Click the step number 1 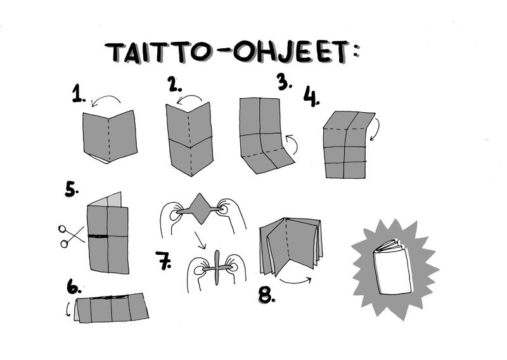tap(79, 94)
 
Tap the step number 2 tap(175, 84)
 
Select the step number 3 tap(284, 82)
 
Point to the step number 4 tap(311, 97)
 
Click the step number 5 tap(72, 190)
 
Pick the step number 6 tap(74, 286)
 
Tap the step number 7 tap(164, 260)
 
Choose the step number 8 tap(267, 295)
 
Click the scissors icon tap(71, 236)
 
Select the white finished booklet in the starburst tap(393, 267)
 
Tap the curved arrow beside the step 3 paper tap(293, 145)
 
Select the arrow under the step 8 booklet tap(295, 281)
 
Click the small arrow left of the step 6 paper tap(68, 309)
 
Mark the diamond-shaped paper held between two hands tap(200, 209)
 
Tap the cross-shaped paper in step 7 tap(217, 268)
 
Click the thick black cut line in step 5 tap(98, 236)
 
